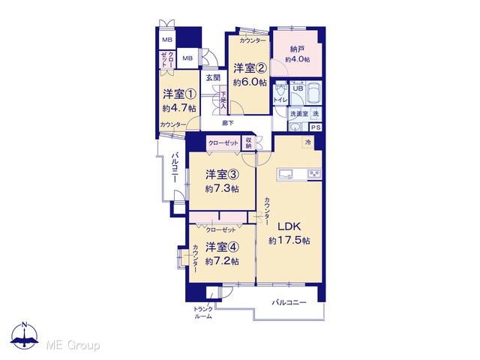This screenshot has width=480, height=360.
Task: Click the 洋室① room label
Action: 179,94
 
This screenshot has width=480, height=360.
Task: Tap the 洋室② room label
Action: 250,68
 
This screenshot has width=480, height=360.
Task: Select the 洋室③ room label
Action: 222,175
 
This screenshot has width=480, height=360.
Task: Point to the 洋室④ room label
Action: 222,247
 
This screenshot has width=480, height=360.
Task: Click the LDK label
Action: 289,226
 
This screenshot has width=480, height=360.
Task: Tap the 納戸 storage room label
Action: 297,49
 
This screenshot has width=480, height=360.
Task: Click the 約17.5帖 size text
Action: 289,241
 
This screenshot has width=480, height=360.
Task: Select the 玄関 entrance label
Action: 213,77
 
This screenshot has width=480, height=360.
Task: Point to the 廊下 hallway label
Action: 228,123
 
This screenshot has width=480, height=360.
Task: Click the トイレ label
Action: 280,100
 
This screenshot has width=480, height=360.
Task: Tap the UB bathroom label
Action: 298,88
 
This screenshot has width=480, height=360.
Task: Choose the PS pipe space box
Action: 316,127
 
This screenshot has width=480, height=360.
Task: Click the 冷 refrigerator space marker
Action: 308,142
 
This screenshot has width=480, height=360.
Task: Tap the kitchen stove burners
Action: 314,174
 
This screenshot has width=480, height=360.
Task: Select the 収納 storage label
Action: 248,143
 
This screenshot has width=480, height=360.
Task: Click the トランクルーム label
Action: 203,313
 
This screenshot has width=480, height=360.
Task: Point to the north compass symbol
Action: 25,335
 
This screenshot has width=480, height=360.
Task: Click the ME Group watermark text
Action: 73,346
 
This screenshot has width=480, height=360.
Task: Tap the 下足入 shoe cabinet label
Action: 223,100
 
